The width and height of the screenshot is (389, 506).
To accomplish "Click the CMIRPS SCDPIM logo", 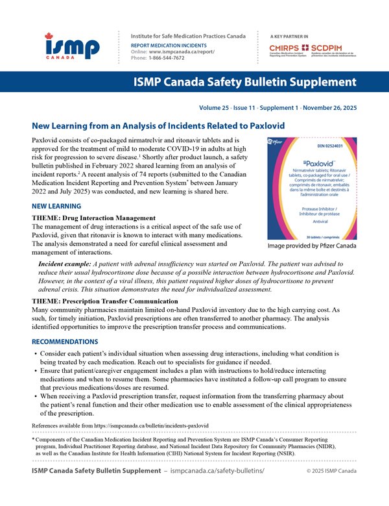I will click(x=319, y=49).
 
